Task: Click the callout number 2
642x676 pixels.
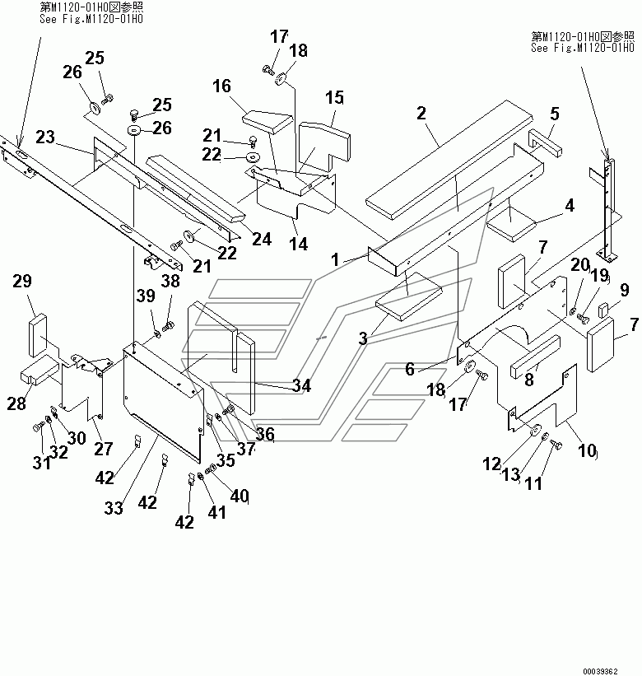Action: [x=421, y=113]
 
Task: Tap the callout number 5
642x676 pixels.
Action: [x=555, y=114]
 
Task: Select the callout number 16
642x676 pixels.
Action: [x=221, y=86]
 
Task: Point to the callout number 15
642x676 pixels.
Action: [x=334, y=97]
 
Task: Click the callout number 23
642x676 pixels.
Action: [x=45, y=138]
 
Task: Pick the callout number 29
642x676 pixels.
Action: [x=22, y=281]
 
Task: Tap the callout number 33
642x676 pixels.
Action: [x=114, y=508]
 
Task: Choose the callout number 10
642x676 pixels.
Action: [x=586, y=450]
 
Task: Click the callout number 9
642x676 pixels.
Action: [x=625, y=290]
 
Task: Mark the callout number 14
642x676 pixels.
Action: [x=299, y=244]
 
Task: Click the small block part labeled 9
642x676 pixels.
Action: [x=603, y=311]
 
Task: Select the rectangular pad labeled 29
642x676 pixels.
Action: [x=37, y=336]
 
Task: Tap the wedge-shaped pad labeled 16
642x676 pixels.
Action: [x=267, y=121]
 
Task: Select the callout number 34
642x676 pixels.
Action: [x=301, y=385]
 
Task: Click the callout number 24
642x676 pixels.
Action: [x=262, y=239]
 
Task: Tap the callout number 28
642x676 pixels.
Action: [x=16, y=403]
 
